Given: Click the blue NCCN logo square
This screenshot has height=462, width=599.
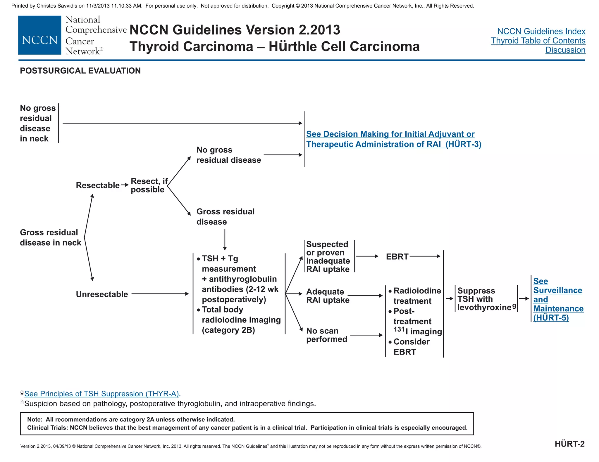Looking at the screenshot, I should [39, 35].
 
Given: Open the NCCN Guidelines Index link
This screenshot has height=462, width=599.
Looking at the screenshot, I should [541, 31].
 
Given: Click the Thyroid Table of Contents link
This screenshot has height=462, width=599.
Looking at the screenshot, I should [538, 41].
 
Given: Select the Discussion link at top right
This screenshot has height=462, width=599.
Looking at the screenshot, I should [565, 50].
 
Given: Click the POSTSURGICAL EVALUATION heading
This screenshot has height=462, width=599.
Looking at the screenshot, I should [80, 71].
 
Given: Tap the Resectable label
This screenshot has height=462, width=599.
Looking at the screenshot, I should [98, 185].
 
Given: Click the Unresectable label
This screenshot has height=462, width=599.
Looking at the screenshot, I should [102, 294].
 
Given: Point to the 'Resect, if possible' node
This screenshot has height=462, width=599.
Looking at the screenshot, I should [149, 185].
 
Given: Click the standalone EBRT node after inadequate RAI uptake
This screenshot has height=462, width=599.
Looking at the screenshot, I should [397, 257].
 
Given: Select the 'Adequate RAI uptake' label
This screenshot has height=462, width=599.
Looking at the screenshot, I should [327, 296].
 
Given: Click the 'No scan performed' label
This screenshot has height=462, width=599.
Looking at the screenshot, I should [326, 335].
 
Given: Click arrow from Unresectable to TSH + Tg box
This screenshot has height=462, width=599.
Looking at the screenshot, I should [160, 294].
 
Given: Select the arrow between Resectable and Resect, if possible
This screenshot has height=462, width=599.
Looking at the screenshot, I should [125, 185].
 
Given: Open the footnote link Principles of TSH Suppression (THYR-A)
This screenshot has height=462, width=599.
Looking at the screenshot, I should [101, 394].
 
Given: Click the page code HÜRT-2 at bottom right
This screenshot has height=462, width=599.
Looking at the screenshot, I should [569, 444].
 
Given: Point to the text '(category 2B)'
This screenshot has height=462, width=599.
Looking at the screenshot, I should [228, 330].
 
